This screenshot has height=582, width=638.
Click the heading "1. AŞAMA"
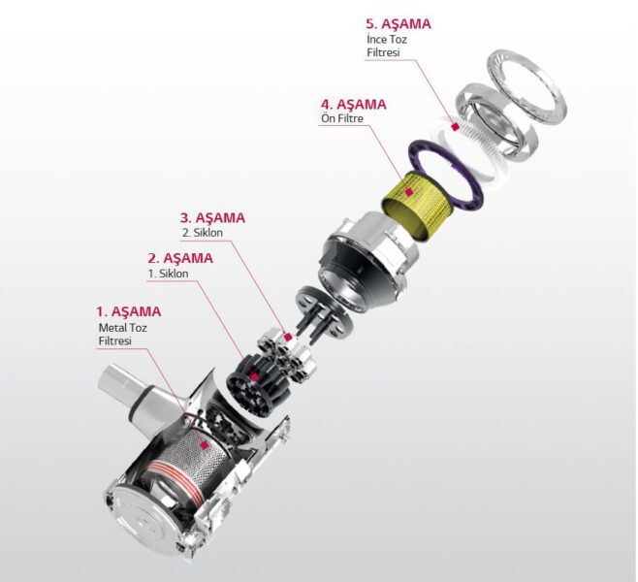[129, 311]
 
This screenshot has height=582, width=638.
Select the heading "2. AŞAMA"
[180, 258]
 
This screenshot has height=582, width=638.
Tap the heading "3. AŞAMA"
[212, 217]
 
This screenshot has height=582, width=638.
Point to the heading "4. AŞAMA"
[354, 105]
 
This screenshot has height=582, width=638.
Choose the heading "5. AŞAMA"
[399, 23]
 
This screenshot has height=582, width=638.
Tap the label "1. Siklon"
[168, 274]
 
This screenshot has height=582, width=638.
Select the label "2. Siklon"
[203, 233]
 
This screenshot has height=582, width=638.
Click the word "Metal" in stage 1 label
[112, 328]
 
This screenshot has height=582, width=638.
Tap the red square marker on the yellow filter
[409, 192]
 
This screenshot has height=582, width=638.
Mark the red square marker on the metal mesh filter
[205, 445]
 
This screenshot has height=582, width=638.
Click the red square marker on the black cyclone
[254, 377]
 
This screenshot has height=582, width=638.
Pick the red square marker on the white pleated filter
[456, 126]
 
